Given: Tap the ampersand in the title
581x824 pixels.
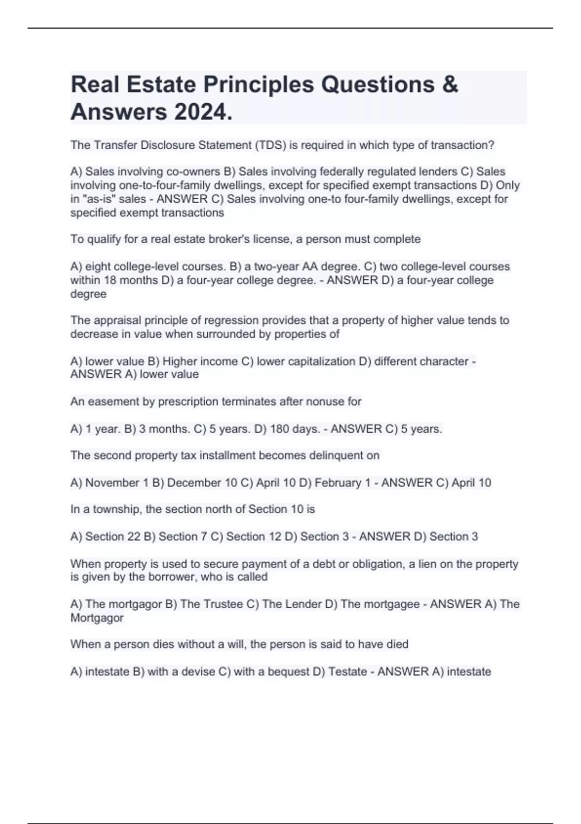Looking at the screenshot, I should tap(450, 84).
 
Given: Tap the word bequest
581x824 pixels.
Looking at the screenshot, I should tap(289, 671).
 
